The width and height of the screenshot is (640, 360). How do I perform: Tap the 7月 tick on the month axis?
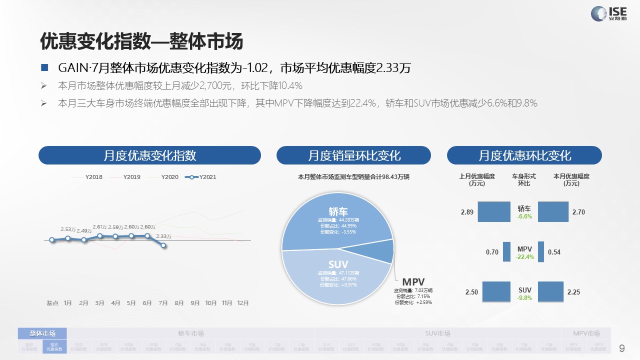163,303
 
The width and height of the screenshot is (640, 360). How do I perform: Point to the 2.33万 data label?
163,236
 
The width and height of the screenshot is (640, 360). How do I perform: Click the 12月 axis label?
243,303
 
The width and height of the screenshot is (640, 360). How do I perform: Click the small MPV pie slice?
382,251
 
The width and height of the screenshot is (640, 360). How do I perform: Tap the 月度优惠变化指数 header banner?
149,155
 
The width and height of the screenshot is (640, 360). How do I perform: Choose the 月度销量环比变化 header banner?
353,155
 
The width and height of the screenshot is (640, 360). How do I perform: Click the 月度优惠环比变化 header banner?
524,155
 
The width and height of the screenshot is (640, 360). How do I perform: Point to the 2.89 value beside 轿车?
467,212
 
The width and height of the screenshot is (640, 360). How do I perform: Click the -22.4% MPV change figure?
524,257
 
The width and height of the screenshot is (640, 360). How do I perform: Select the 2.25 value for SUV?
573,292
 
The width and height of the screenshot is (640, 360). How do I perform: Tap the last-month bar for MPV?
506,251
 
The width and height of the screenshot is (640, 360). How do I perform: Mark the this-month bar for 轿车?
553,211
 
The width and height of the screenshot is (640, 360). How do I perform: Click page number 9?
622,348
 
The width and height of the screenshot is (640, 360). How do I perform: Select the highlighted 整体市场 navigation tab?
42,333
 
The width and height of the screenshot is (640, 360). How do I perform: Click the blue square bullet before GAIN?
44,67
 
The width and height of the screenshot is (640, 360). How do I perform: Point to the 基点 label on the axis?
52,303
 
